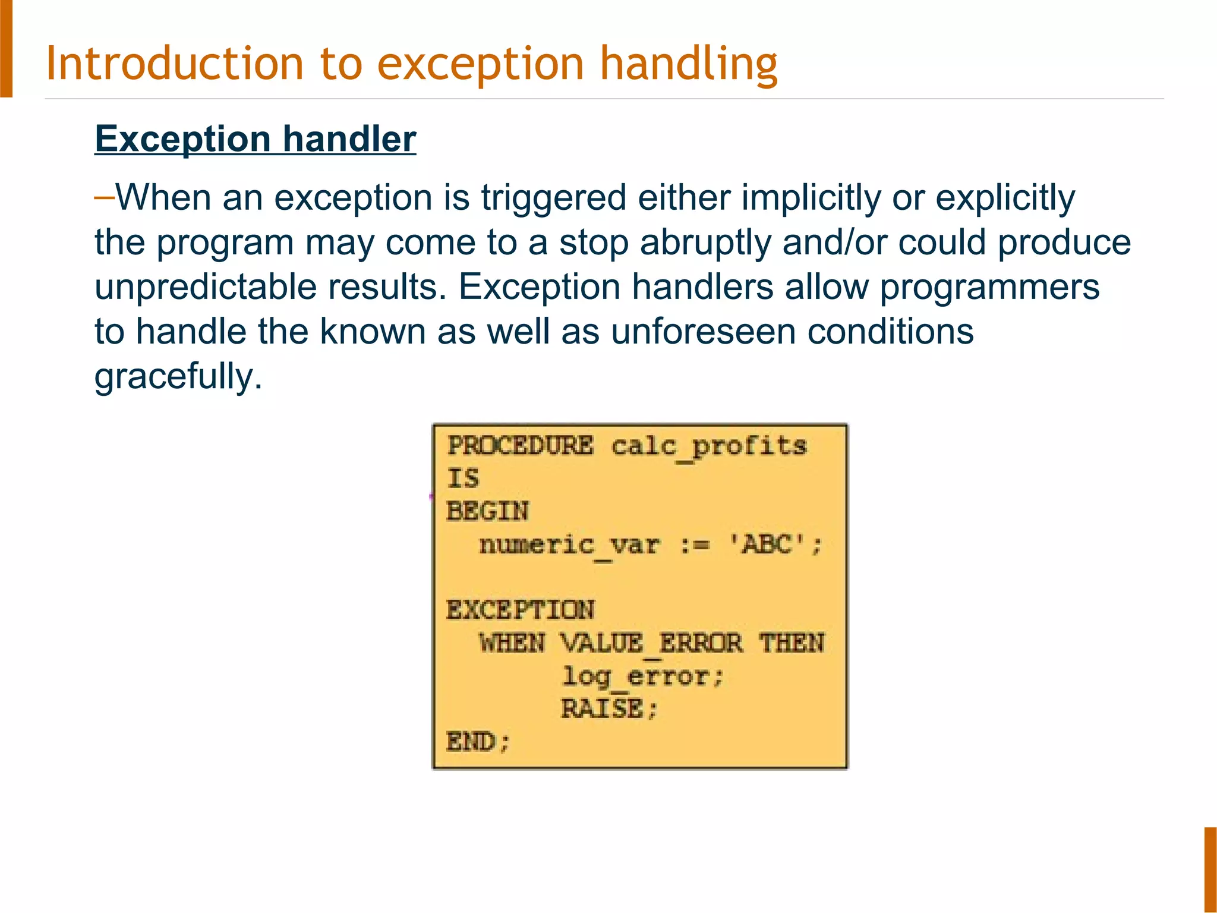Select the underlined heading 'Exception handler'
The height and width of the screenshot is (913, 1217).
click(256, 139)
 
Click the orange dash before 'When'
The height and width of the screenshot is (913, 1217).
click(104, 196)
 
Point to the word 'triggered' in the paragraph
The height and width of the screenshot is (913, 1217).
click(553, 197)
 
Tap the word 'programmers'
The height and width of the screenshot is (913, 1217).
click(989, 287)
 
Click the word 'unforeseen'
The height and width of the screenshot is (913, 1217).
click(703, 332)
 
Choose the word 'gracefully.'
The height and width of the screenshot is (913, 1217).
click(178, 376)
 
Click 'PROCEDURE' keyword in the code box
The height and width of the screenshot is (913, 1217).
click(520, 445)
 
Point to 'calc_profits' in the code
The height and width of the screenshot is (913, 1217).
click(709, 446)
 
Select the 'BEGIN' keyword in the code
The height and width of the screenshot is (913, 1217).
click(487, 511)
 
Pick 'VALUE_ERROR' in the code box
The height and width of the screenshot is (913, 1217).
click(651, 644)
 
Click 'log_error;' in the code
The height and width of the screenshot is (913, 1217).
click(642, 676)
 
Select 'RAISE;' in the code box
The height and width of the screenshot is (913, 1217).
click(609, 709)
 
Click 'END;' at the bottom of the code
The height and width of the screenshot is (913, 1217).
click(478, 742)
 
